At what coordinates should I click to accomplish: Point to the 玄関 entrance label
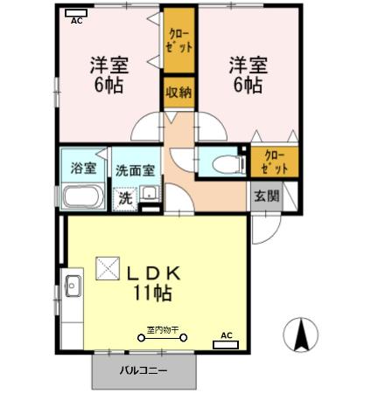tap(268, 196)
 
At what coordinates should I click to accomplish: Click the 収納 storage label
tap(178, 93)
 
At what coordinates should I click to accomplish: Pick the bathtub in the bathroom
tap(84, 196)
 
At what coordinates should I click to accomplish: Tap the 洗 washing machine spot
tap(127, 196)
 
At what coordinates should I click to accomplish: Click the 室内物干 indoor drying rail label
tap(162, 329)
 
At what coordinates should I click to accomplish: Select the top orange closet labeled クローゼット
tap(178, 40)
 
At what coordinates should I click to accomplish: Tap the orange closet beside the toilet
tap(275, 161)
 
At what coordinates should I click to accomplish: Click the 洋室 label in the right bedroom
tap(248, 65)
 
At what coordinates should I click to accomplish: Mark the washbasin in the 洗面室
tap(150, 195)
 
